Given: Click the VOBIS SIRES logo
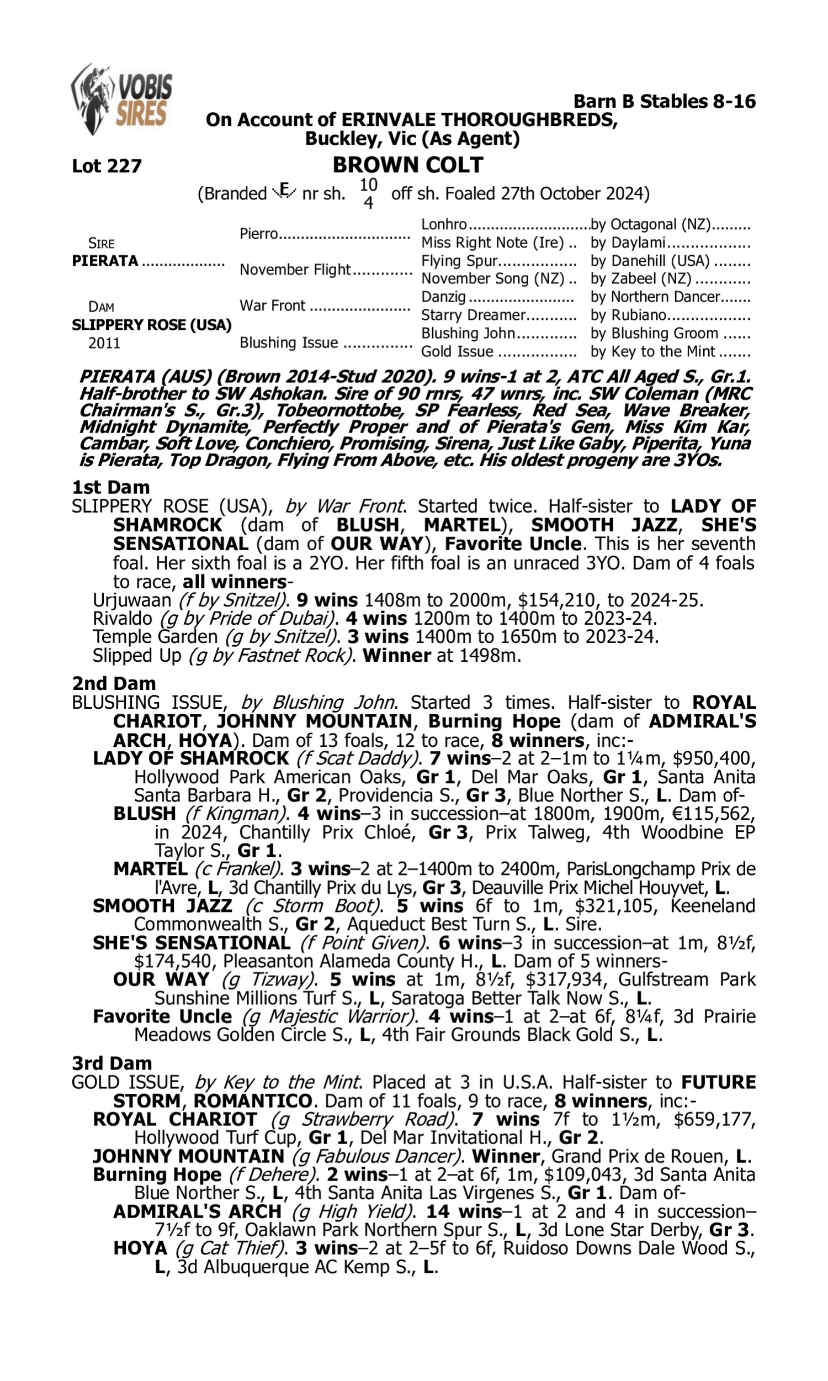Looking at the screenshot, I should tap(121, 99).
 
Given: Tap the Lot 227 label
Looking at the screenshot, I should tap(107, 166).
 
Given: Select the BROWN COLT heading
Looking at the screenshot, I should tap(408, 165).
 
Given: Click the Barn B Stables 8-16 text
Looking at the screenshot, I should tap(664, 102).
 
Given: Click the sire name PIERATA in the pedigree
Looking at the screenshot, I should tap(105, 261).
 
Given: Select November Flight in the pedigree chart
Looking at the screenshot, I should tap(295, 270).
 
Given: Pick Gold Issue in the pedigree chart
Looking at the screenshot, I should tap(457, 352).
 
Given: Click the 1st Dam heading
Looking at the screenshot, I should tap(110, 487).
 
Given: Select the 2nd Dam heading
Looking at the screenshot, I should tap(114, 683).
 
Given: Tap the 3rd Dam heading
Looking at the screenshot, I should tap(112, 1063).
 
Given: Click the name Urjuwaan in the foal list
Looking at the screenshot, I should tap(132, 600).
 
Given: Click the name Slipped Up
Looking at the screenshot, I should tap(137, 655).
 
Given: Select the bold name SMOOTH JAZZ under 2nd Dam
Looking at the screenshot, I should tap(162, 906).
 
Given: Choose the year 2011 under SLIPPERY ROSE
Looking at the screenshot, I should tap(104, 343).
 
